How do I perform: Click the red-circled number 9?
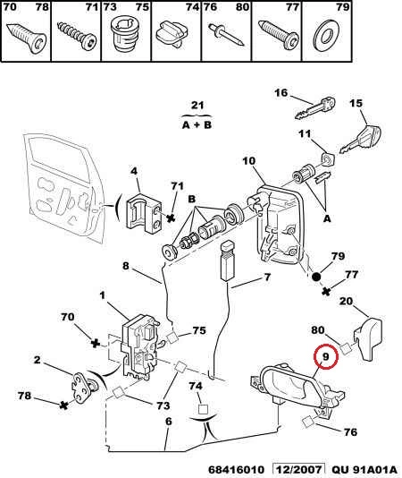(x=325, y=356)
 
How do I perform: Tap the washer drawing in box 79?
(x=326, y=34)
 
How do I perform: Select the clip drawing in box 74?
(x=172, y=34)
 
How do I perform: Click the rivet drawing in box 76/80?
(x=226, y=34)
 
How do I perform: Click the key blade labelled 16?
(x=315, y=107)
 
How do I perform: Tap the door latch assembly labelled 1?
(x=139, y=347)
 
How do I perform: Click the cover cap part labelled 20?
(x=368, y=338)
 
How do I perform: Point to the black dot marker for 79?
(x=316, y=277)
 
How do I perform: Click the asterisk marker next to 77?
(x=326, y=292)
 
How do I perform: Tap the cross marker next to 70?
(x=96, y=344)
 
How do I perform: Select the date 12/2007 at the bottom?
(x=298, y=470)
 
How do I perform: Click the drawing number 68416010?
(x=236, y=470)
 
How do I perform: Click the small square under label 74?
(x=203, y=409)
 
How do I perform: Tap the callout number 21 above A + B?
(x=197, y=106)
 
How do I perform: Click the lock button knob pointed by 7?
(x=227, y=260)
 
